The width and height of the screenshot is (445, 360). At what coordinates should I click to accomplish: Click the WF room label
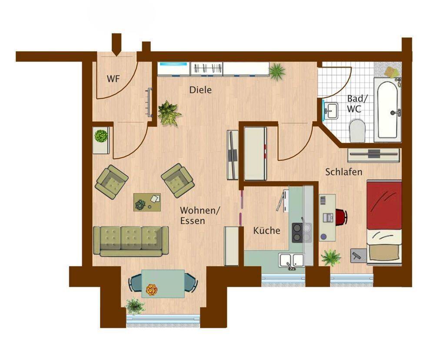click(x=113, y=79)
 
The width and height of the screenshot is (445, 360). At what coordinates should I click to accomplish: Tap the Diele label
click(x=201, y=90)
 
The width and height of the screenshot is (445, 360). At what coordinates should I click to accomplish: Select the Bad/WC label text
click(x=357, y=103)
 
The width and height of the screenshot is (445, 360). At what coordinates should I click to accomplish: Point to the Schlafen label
click(x=344, y=172)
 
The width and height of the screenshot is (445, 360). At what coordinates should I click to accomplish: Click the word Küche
click(x=266, y=230)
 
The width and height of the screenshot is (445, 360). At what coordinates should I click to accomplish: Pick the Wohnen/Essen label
click(x=200, y=216)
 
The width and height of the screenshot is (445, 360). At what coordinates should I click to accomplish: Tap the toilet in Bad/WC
click(x=357, y=130)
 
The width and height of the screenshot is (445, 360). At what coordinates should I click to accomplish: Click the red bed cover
click(x=384, y=205)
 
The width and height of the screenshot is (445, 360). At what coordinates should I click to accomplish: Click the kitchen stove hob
click(x=302, y=233)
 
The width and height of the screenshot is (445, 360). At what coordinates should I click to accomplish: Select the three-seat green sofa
click(x=130, y=241)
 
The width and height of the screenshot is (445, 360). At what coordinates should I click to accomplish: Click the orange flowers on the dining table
click(x=152, y=290)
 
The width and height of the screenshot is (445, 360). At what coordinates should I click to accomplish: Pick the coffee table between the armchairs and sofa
click(x=147, y=202)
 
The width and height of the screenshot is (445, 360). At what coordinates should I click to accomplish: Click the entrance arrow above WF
click(x=116, y=45)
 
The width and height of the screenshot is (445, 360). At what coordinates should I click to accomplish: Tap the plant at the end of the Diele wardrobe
click(x=277, y=72)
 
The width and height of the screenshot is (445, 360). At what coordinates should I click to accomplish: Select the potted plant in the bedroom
click(x=331, y=257)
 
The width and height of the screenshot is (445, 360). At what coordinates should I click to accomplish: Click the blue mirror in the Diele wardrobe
click(x=173, y=64)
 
